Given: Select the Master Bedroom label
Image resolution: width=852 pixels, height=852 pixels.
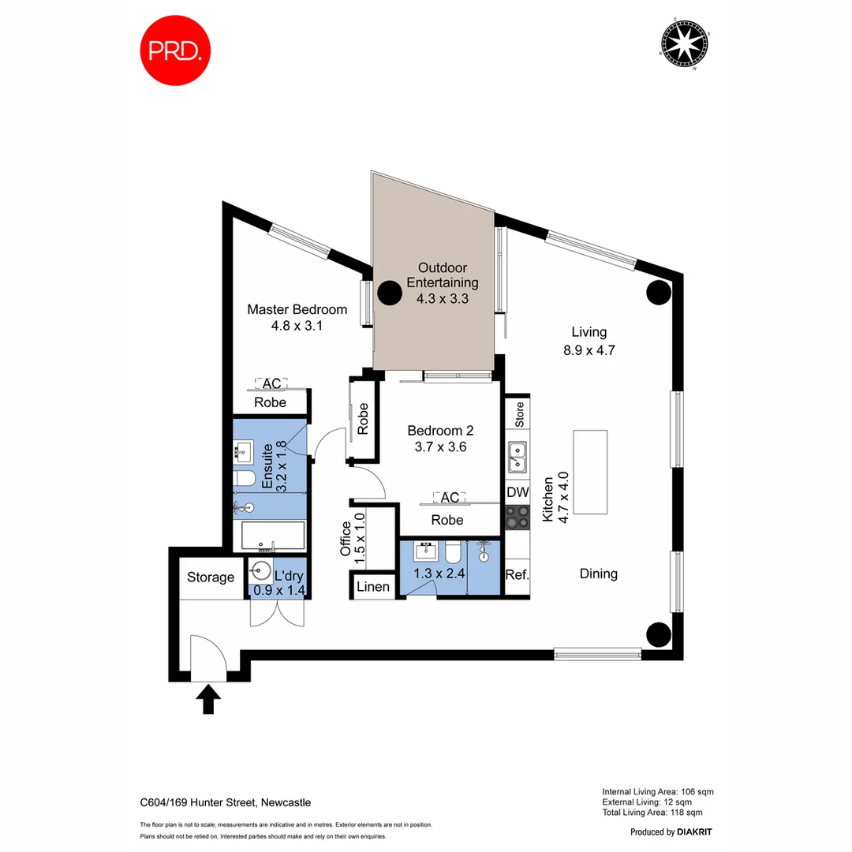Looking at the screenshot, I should tap(297, 309).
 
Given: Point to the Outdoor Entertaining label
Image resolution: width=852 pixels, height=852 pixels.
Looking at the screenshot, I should tap(448, 275).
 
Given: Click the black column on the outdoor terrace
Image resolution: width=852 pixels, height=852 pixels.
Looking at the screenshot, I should tap(389, 293).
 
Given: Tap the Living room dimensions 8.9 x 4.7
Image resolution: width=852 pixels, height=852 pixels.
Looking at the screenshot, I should tap(589, 350).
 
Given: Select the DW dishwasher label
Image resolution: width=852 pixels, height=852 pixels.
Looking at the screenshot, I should tap(517, 492).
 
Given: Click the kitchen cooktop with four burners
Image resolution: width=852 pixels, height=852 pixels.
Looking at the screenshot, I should tap(517, 518).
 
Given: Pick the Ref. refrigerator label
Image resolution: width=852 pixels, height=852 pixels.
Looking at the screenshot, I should tap(517, 574).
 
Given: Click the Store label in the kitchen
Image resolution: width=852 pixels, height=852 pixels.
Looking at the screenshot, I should tap(519, 415).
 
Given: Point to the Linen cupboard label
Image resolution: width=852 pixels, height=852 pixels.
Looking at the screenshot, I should tap(373, 587).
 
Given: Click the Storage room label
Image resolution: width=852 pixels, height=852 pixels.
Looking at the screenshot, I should tap(211, 577).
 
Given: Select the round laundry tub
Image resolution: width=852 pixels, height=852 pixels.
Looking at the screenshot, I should tap(260, 570).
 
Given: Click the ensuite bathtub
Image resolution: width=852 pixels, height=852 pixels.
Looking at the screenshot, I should tap(272, 536).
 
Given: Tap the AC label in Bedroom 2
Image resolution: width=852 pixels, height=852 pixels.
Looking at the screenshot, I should tap(450, 498).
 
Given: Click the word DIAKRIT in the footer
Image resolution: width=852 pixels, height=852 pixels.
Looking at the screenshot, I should tap(696, 831).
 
